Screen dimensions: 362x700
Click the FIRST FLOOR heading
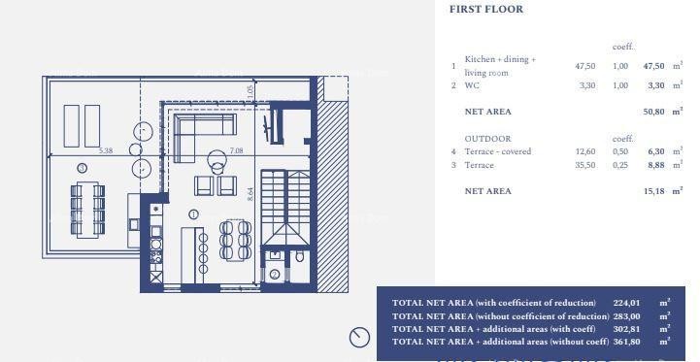[486, 10]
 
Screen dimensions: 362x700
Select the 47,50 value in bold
[655, 66]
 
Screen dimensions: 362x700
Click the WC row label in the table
[473, 85]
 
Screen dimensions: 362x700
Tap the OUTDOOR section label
[487, 139]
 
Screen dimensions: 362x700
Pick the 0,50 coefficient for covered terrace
[620, 151]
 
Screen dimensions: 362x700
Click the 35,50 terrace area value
[584, 165]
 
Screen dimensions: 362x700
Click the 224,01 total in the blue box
[627, 303]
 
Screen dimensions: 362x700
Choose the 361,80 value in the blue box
[627, 341]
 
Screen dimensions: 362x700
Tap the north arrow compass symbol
[359, 337]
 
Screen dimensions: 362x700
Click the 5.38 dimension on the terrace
[106, 150]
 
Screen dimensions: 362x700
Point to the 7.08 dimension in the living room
[236, 150]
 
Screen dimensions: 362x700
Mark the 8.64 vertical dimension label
[250, 194]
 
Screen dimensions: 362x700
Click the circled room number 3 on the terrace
[82, 168]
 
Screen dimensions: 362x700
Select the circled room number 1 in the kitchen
[193, 214]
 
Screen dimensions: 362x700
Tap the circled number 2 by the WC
[275, 275]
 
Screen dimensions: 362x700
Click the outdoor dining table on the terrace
[88, 208]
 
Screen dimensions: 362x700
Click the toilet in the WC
[298, 257]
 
